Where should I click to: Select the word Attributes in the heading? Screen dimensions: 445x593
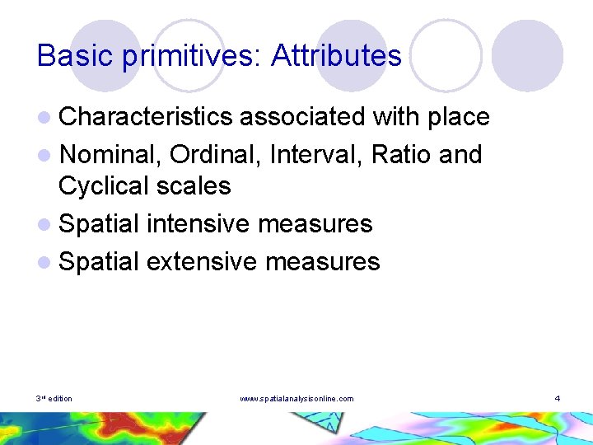[336, 55]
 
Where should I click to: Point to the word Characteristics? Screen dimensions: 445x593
[146, 117]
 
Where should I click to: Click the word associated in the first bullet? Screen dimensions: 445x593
[302, 117]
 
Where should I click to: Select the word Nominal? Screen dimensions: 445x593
[110, 154]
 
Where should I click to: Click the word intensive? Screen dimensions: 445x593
[202, 223]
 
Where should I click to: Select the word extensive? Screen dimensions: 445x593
[203, 261]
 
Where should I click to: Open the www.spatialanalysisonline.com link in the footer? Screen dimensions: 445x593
[296, 399]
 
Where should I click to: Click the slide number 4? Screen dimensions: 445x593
[557, 399]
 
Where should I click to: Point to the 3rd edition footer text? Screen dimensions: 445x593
[54, 399]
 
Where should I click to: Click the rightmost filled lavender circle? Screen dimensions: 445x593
[527, 56]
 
